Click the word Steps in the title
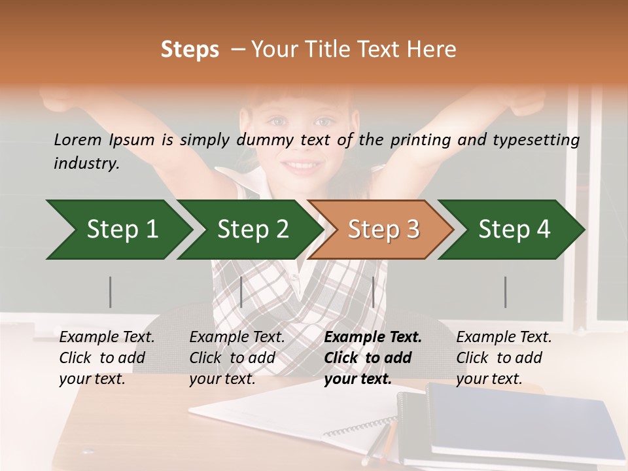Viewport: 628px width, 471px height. click(190, 50)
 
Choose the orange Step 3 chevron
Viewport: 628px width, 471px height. click(383, 230)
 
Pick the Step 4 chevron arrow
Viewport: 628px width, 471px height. click(514, 230)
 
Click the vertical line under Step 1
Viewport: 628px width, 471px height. click(111, 292)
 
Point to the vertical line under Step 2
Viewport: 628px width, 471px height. click(241, 292)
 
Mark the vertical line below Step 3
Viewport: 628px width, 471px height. click(373, 292)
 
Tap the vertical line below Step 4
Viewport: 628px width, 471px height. click(505, 292)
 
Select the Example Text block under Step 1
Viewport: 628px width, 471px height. click(107, 357)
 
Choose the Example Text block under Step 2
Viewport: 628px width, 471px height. click(237, 357)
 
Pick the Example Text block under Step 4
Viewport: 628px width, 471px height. click(504, 357)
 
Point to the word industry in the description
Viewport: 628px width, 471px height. click(86, 164)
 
